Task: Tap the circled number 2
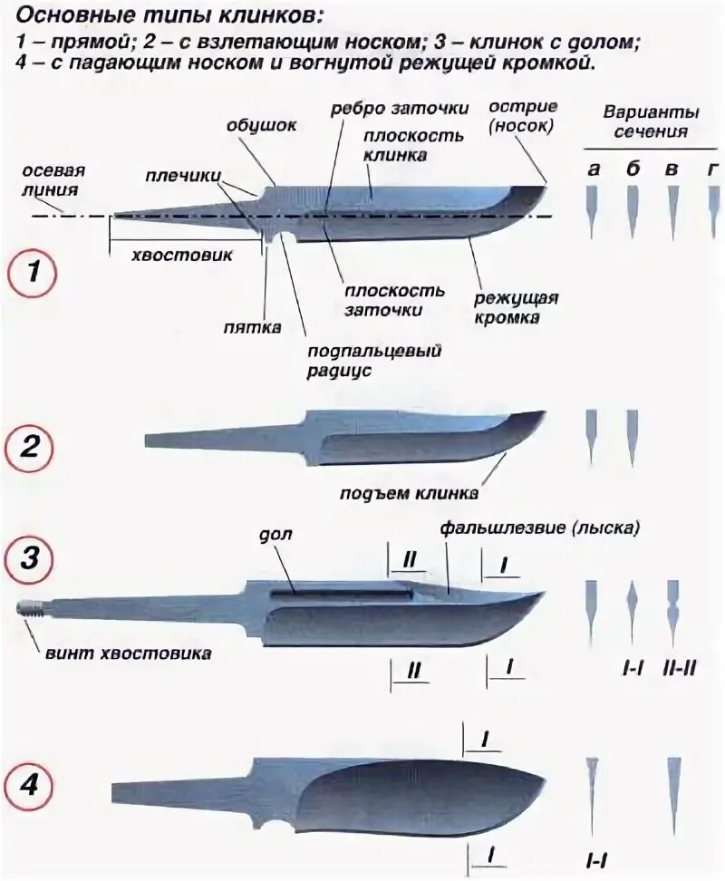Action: pyautogui.click(x=30, y=447)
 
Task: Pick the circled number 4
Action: pyautogui.click(x=30, y=786)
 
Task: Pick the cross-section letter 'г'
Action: pyautogui.click(x=713, y=169)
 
